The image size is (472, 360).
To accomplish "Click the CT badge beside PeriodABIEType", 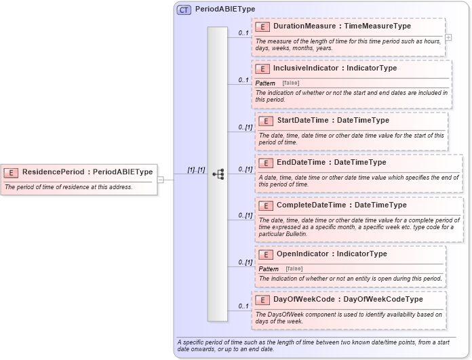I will coord(184,10).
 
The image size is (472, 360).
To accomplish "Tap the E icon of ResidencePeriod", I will coord(13,172).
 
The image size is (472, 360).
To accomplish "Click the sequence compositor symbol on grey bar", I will coord(218,174).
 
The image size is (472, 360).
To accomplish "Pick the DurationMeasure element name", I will coord(304,26).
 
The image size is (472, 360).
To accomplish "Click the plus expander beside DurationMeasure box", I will coord(448,38).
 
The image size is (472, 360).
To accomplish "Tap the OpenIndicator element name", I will coord(302,254).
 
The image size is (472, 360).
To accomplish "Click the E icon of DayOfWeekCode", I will coord(262,300).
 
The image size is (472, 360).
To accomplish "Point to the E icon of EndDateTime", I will coord(266,163).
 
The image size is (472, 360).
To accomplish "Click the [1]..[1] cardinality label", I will coord(196,169).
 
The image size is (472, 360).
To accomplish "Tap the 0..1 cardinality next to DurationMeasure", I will coord(243,33).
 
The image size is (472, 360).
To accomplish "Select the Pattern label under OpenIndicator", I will coord(269,268).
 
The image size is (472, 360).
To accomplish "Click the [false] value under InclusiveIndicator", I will coord(291,83).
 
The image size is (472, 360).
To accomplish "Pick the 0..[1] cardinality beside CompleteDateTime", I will coord(245,216).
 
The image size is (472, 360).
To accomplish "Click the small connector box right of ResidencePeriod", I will coord(161,180).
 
